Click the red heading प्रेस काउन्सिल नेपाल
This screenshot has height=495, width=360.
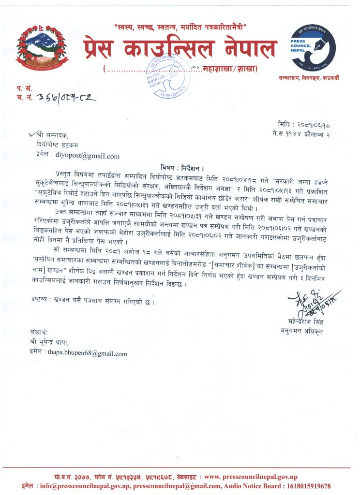[180, 49]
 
